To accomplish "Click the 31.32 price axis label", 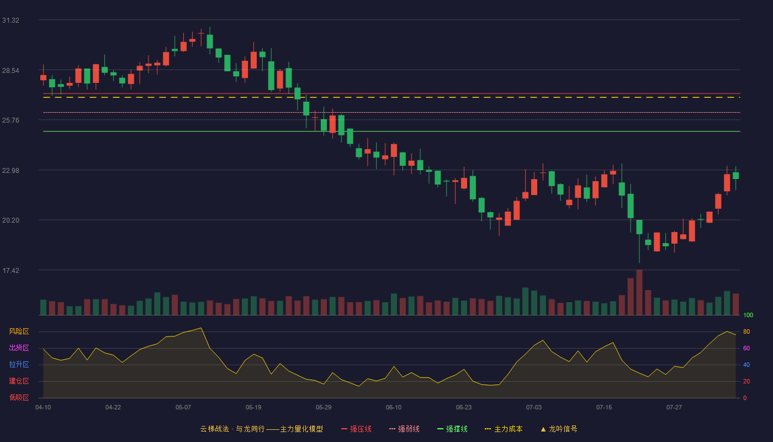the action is (x=10, y=20).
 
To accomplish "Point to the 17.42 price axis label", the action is (x=10, y=270).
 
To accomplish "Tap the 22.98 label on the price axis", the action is (x=10, y=171).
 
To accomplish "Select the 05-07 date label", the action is (x=183, y=408).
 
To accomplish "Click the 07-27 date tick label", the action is (x=674, y=408).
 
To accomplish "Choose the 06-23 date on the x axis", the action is (x=463, y=408).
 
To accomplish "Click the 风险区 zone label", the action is (x=19, y=331).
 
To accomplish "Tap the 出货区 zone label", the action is (x=19, y=348).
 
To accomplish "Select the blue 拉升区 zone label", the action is (x=19, y=364).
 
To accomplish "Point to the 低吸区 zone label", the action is (x=19, y=397).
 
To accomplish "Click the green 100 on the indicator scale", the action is (x=748, y=315).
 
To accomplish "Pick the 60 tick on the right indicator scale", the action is (x=746, y=348).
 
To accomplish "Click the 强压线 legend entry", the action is (x=356, y=429).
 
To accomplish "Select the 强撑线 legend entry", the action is (x=452, y=429).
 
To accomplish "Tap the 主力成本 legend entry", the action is (x=504, y=429).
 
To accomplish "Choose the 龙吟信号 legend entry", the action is (x=559, y=429).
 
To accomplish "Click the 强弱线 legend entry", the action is (x=404, y=429).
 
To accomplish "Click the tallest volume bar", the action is (x=639, y=292).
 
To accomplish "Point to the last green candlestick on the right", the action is (x=735, y=176).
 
